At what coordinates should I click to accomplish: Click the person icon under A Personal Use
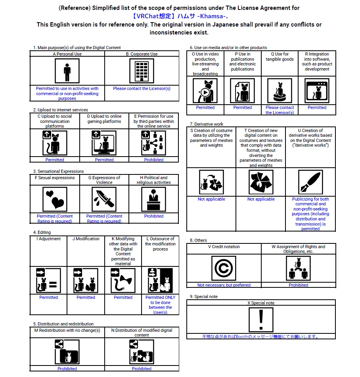[67, 71]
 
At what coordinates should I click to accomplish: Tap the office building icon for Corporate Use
[142, 71]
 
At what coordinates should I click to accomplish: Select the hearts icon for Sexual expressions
[55, 199]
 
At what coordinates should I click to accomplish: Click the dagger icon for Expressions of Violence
[104, 199]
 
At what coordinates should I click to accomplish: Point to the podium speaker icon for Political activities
[154, 199]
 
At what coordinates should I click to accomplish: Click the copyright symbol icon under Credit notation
[224, 268]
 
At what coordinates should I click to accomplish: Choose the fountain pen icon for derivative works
[310, 182]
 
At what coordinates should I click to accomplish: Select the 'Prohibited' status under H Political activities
[154, 216]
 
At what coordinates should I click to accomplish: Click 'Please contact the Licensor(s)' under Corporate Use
[142, 89]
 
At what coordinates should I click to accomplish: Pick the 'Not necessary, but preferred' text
[224, 285]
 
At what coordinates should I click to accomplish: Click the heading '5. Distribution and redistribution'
[63, 324]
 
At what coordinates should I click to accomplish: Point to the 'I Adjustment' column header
[49, 239]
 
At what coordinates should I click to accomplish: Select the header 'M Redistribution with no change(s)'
[67, 330]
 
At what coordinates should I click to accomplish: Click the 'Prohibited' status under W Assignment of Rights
[299, 285]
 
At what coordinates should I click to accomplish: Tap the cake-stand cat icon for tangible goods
[280, 90]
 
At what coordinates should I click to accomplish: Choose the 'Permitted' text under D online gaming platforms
[104, 160]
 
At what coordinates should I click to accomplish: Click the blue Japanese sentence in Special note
[261, 337]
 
